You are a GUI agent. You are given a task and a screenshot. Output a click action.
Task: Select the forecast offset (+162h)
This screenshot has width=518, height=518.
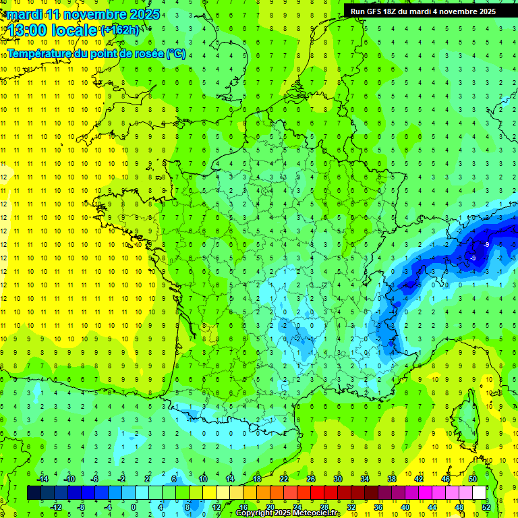tap(121, 30)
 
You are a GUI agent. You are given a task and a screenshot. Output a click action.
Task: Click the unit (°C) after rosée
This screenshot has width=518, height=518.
tap(175, 53)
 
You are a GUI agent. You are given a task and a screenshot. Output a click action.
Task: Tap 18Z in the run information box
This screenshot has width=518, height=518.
tap(396, 11)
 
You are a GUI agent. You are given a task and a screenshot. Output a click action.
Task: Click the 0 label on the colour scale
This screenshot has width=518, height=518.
tap(134, 507)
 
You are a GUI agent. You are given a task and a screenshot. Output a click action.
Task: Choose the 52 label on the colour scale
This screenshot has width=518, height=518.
tap(486, 507)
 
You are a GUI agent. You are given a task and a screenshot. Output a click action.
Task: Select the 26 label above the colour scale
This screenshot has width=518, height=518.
tap(310, 479)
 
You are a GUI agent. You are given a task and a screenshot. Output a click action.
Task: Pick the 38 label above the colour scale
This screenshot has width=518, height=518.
tap(391, 479)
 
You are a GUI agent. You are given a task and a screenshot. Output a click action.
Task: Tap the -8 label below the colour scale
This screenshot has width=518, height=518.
tap(81, 507)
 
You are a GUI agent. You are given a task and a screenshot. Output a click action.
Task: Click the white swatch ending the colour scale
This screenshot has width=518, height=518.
tap(479, 493)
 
